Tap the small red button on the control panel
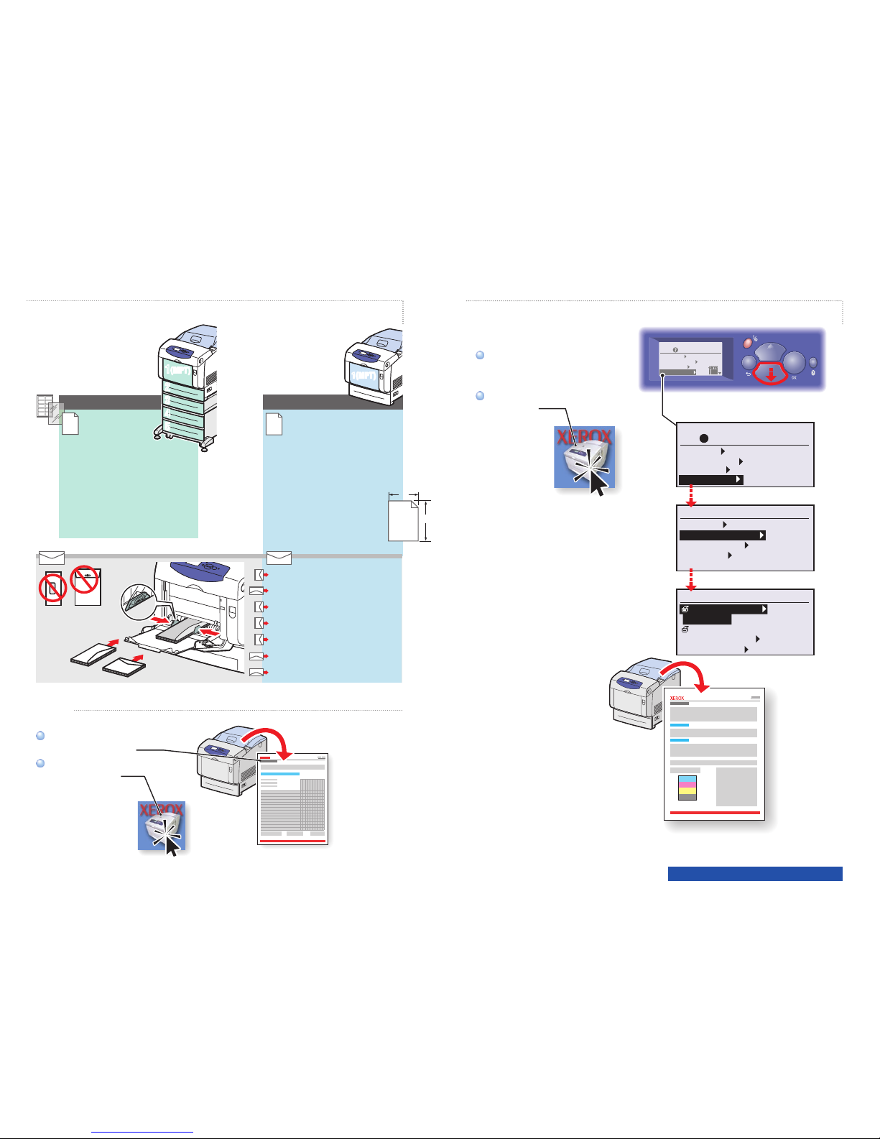(x=747, y=344)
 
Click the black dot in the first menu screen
(x=705, y=438)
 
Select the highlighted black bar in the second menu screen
(x=722, y=535)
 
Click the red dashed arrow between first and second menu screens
(x=690, y=495)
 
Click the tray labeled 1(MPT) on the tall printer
(x=177, y=370)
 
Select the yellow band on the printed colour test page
(x=687, y=791)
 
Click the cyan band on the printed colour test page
(x=687, y=778)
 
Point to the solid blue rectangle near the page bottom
(x=755, y=874)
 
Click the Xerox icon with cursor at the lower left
(x=162, y=826)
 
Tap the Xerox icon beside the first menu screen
(x=584, y=457)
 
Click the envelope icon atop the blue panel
(x=279, y=558)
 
